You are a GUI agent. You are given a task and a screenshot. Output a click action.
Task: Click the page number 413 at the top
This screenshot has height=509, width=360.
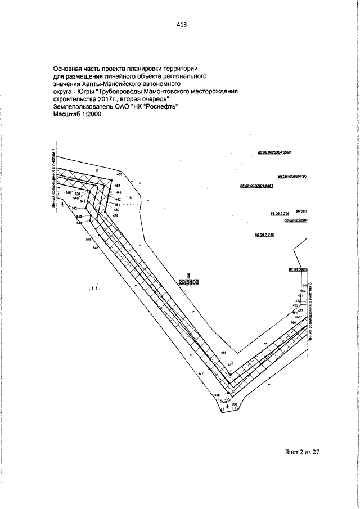(x=181, y=25)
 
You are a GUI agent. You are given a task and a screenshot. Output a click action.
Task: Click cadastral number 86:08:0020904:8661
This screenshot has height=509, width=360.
(x=256, y=186)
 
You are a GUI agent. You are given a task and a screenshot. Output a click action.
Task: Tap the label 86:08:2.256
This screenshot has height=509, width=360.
(x=279, y=214)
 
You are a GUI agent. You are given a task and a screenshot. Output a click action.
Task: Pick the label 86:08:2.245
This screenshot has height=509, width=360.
(x=264, y=235)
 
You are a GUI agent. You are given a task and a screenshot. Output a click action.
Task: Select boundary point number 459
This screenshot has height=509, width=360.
(x=116, y=216)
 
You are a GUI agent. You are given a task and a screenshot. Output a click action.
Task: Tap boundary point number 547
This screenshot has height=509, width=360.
(x=200, y=374)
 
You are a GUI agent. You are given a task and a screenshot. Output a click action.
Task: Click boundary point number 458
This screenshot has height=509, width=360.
(x=223, y=353)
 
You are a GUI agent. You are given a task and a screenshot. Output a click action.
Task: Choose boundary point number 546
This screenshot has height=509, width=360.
(x=96, y=247)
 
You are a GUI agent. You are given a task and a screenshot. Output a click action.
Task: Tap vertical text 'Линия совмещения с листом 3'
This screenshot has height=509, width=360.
(x=310, y=313)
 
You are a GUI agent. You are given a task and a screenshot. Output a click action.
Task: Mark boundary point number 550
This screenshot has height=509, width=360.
(x=234, y=404)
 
